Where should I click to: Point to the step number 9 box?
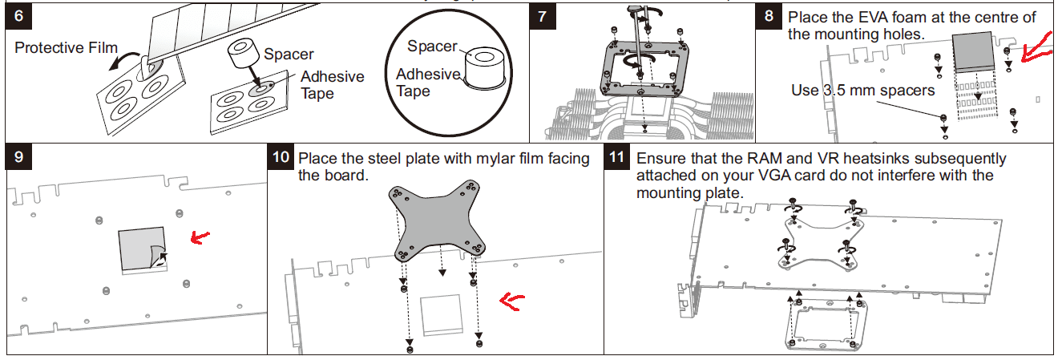click(18, 158)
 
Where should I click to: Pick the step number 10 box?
click(281, 158)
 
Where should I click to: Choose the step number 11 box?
click(617, 158)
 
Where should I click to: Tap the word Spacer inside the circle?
click(432, 47)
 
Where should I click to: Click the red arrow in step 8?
click(1040, 48)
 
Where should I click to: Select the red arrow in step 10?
click(511, 300)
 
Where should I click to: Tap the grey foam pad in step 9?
click(140, 247)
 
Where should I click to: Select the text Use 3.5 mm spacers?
click(862, 90)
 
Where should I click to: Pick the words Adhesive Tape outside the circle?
click(332, 85)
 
